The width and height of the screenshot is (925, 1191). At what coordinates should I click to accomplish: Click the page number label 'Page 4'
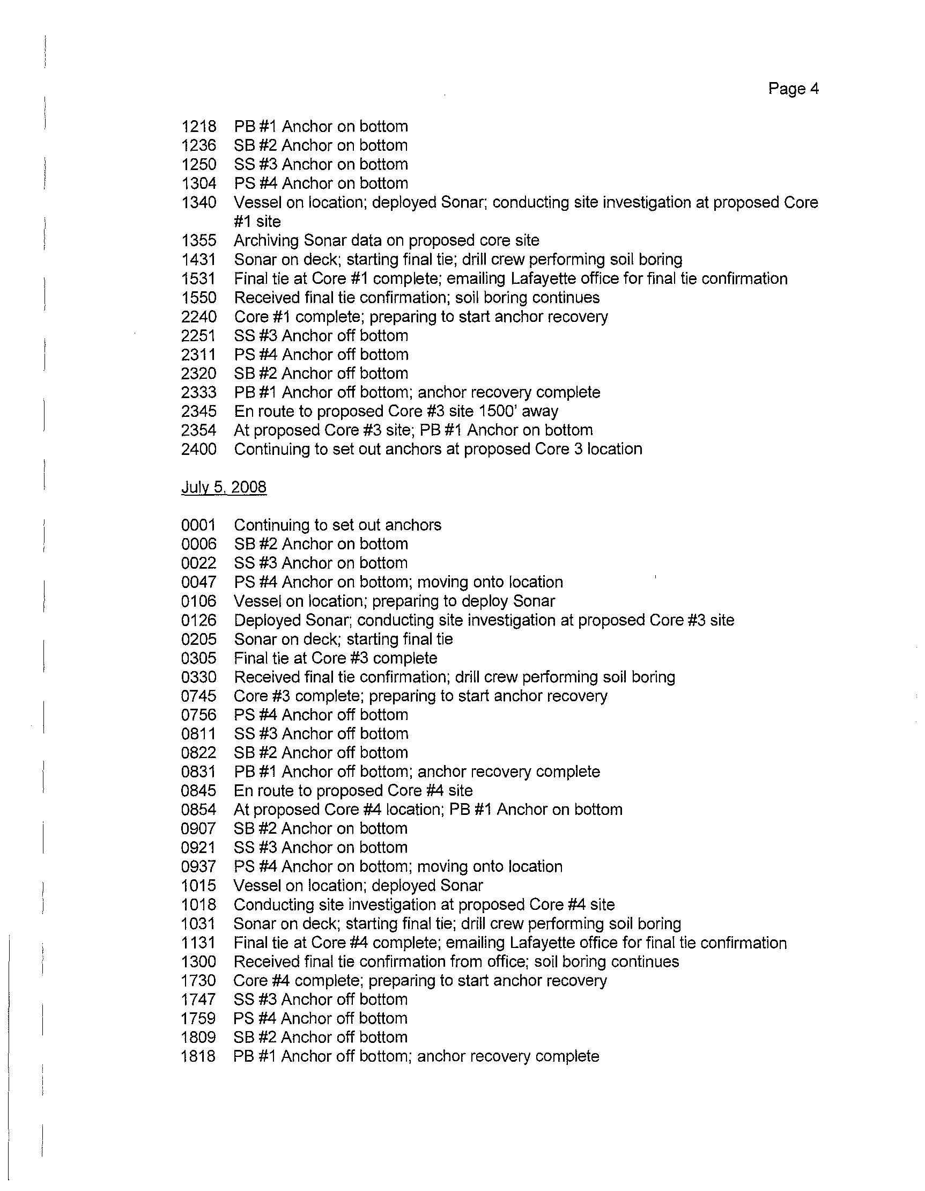(x=793, y=89)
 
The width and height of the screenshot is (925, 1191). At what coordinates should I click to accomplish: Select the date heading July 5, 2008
(x=224, y=487)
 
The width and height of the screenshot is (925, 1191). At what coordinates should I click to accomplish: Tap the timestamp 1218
(x=198, y=127)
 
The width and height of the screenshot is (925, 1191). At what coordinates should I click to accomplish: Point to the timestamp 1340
(x=198, y=202)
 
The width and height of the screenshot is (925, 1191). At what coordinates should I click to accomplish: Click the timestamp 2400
(x=198, y=449)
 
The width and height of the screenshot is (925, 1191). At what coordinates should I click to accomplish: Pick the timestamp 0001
(x=198, y=525)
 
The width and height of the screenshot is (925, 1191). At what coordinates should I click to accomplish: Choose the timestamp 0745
(x=198, y=696)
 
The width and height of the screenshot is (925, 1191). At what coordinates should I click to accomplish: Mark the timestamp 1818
(x=198, y=1056)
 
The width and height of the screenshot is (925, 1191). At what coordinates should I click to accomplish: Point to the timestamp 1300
(x=198, y=961)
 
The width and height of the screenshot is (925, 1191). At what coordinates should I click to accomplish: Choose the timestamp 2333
(x=198, y=392)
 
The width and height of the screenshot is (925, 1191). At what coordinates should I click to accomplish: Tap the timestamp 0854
(x=198, y=809)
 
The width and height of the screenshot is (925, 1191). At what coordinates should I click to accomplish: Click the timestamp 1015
(x=198, y=886)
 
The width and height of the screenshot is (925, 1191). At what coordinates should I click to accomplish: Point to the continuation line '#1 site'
(x=257, y=222)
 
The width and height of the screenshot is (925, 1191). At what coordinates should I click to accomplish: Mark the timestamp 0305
(x=198, y=658)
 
